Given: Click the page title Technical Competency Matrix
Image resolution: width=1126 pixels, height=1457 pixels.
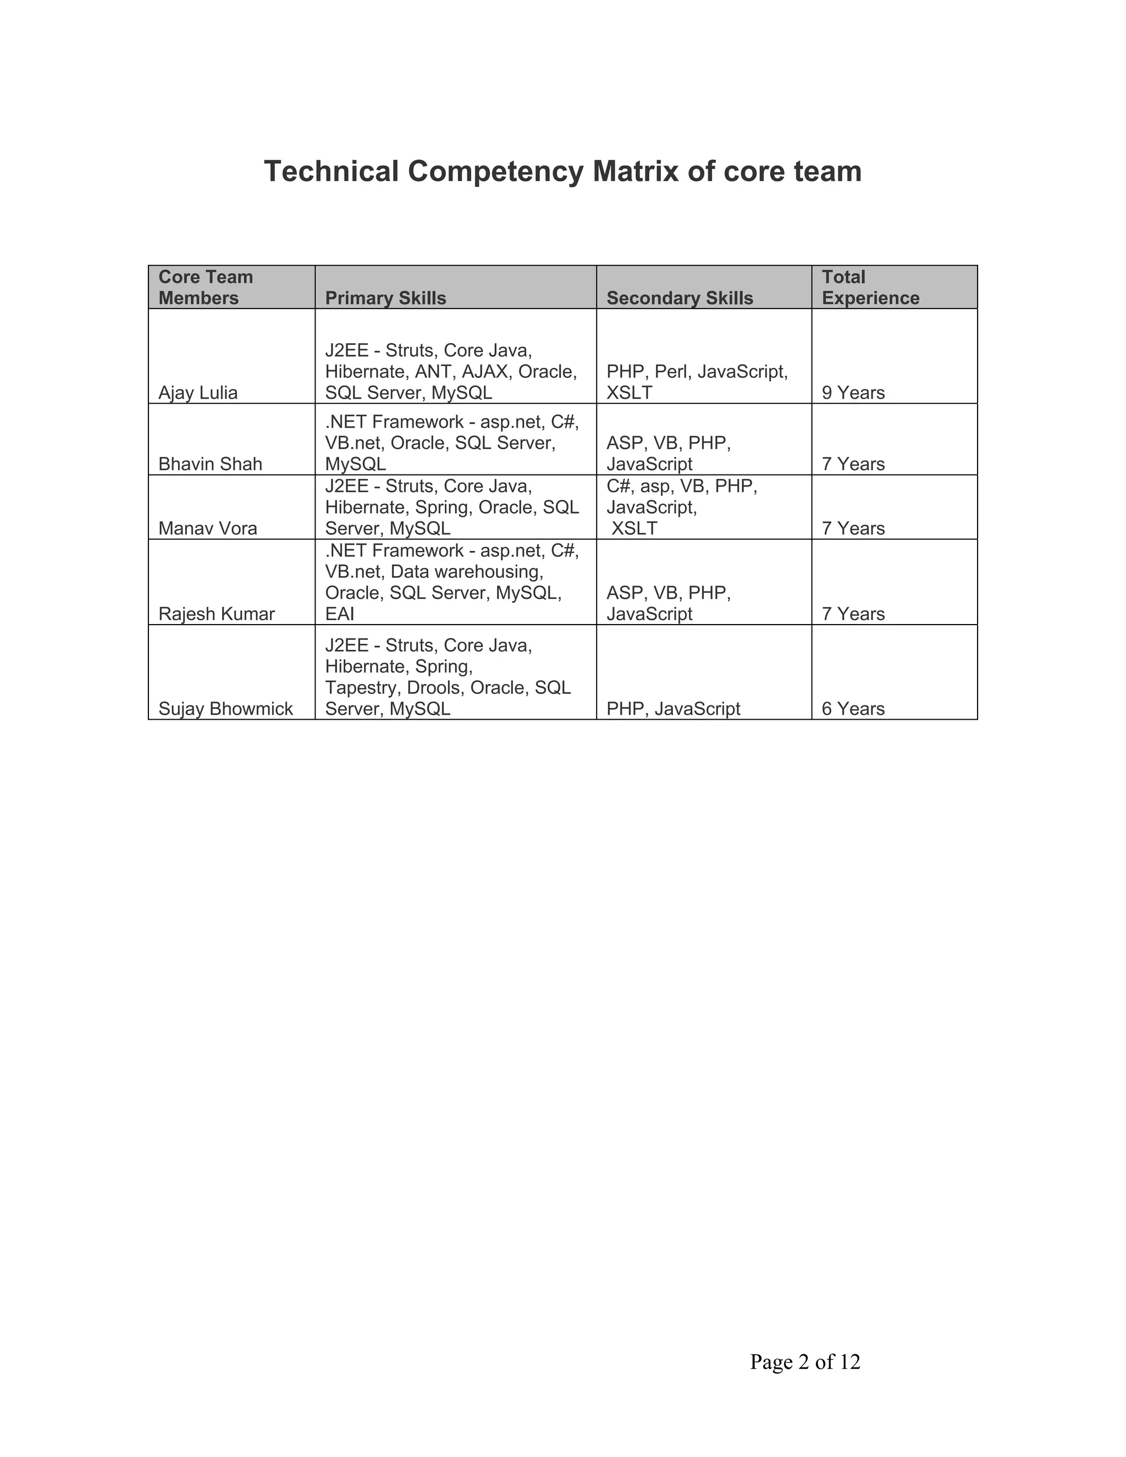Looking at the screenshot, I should coord(562,172).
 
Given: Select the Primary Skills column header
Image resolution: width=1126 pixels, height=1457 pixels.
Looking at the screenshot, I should coord(385,298).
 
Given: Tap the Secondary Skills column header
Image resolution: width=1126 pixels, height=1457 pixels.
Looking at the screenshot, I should coord(679,298).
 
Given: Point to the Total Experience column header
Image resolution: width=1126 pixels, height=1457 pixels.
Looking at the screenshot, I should coord(870,288).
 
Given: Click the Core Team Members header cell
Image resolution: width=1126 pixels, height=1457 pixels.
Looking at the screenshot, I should coord(206,288).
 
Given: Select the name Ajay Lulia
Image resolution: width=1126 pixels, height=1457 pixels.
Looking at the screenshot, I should coord(197,393).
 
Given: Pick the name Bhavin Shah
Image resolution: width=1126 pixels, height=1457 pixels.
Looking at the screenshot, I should coord(210,465).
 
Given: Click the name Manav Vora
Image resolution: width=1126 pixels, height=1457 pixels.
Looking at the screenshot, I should coord(207,528).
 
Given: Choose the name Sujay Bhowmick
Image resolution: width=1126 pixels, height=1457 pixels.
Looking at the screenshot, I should coord(225,709).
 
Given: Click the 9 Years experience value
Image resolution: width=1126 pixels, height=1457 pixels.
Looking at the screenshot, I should coord(853,393).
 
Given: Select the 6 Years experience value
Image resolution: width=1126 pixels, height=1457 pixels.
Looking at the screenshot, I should coord(853,709).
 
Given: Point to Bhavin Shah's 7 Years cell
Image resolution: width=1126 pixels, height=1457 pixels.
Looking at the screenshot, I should coord(853,465).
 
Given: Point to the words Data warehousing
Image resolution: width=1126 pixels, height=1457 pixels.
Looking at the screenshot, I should coord(466,572).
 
